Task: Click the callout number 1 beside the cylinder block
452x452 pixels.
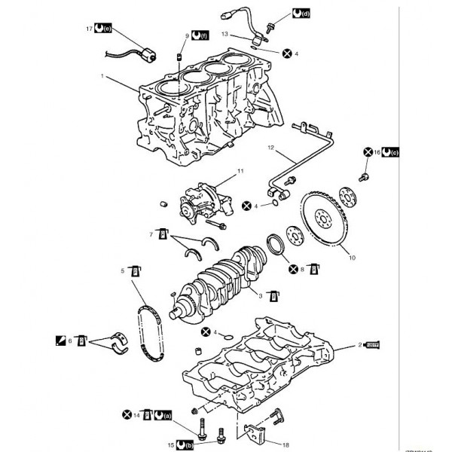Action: click(102, 76)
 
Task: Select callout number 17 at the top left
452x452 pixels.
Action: click(89, 29)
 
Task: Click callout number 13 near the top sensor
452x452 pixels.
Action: click(224, 34)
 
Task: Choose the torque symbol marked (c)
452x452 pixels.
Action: click(391, 152)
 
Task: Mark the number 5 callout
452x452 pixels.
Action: click(124, 270)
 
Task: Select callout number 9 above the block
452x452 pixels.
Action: click(188, 35)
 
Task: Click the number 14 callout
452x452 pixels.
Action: click(137, 414)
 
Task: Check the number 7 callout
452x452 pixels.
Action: click(151, 235)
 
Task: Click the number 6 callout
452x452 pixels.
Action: click(71, 341)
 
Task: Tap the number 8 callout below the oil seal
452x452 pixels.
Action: click(302, 269)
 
